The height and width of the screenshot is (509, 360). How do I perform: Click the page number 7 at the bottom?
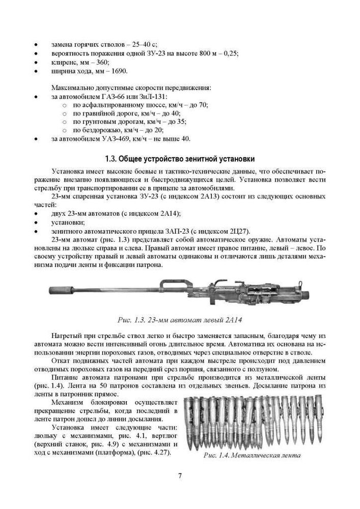point(180,476)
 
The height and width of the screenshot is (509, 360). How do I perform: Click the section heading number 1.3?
point(112,158)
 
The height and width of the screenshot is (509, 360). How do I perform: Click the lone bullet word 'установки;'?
point(68,222)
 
